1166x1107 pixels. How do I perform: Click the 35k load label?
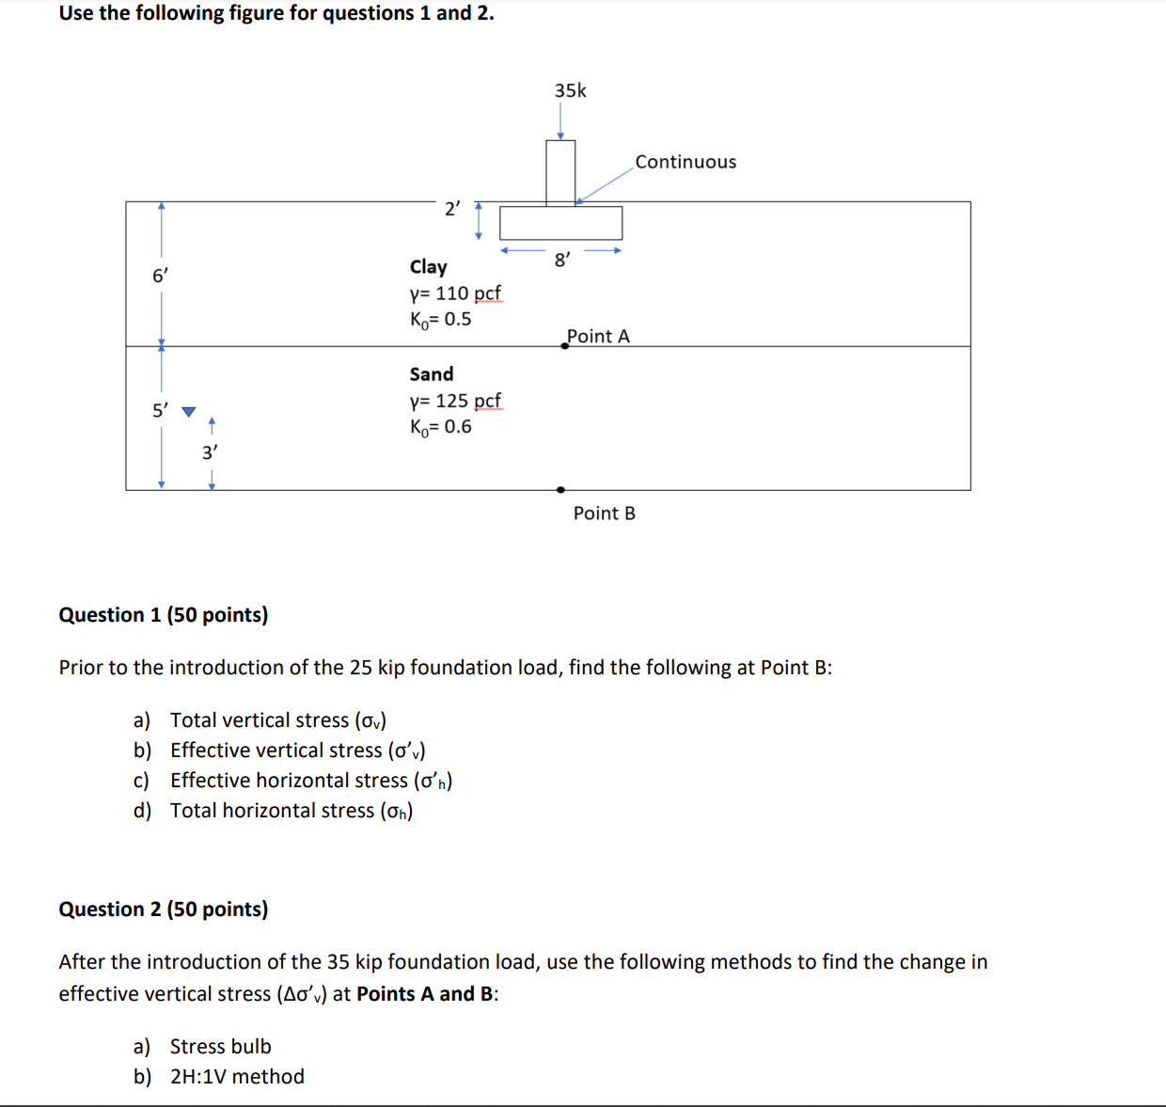570,90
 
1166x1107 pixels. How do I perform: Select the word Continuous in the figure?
685,162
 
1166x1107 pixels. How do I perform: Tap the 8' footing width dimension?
561,260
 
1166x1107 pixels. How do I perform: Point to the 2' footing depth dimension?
452,209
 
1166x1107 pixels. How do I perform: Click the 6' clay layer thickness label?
161,276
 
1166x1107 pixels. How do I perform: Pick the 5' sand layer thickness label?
161,410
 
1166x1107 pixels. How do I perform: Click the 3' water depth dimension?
210,452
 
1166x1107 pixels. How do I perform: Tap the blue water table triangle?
189,412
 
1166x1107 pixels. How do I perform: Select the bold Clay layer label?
428,267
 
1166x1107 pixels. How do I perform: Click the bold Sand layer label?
431,374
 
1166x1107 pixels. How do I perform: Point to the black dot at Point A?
564,346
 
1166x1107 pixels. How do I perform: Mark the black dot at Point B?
560,490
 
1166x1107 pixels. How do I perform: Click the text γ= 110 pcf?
455,293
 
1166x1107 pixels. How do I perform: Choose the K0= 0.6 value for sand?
440,427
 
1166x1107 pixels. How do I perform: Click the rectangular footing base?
560,223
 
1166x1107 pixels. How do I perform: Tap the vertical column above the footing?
560,172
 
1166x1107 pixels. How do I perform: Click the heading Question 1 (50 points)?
163,615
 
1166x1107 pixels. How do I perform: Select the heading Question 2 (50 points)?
163,909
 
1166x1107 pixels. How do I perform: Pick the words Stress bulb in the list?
220,1047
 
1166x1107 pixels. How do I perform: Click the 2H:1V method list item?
237,1077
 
